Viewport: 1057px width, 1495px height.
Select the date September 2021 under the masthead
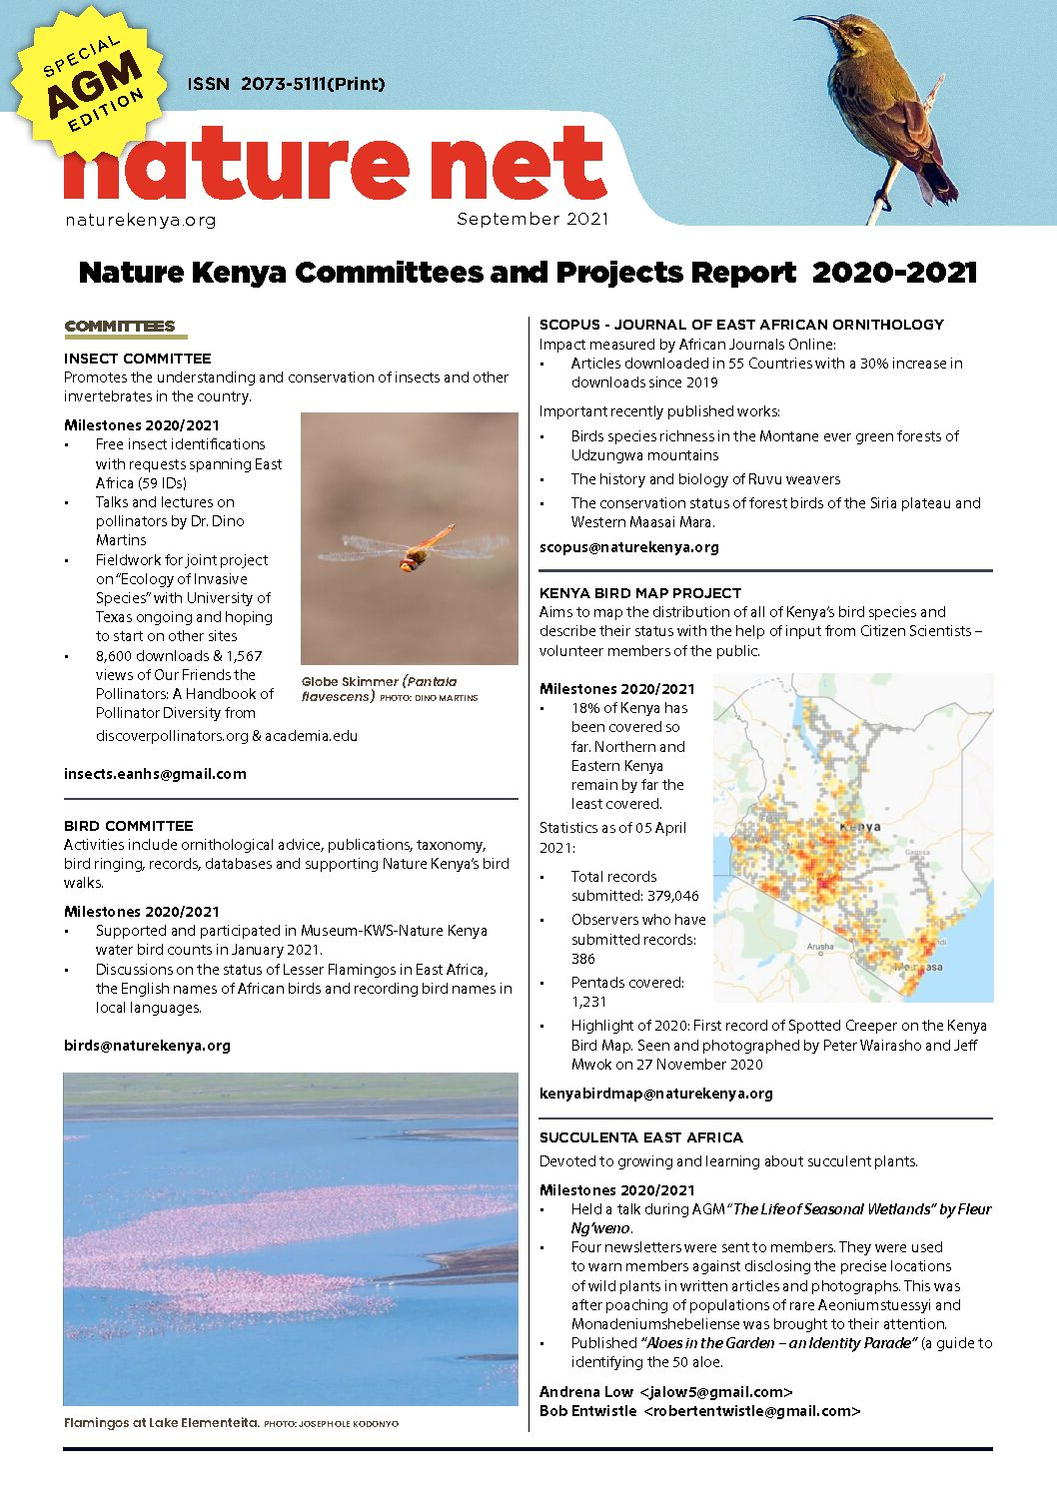click(x=531, y=220)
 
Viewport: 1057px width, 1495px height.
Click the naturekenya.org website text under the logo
click(x=140, y=220)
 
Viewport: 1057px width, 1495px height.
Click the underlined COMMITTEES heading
click(x=120, y=327)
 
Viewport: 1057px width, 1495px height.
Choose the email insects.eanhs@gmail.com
click(x=155, y=774)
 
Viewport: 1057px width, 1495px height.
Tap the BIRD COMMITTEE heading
click(x=128, y=826)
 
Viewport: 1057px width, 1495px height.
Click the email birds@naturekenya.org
click(x=147, y=1046)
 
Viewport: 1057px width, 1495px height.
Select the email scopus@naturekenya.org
click(x=628, y=547)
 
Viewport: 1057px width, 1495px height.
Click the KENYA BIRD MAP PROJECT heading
click(x=640, y=593)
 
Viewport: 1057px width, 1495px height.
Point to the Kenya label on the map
click(x=860, y=827)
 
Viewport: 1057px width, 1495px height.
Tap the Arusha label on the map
click(x=820, y=946)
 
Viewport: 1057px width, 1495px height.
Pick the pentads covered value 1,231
click(x=588, y=1002)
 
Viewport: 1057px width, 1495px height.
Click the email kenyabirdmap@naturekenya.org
click(x=655, y=1094)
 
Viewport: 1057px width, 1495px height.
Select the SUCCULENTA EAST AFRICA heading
click(x=640, y=1137)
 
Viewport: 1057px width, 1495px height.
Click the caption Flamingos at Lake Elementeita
click(x=161, y=1423)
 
